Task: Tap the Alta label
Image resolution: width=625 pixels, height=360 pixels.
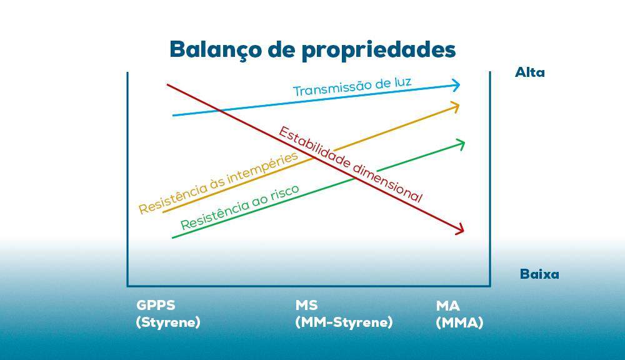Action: coord(530,72)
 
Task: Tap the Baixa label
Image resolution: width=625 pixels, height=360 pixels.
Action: coord(539,274)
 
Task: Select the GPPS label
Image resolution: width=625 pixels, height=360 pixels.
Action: coord(156,306)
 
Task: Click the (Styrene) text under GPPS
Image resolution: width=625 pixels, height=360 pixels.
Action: coord(167,322)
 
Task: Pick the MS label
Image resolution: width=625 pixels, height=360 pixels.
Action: coord(306,306)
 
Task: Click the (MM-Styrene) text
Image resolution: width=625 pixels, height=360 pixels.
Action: coord(344,322)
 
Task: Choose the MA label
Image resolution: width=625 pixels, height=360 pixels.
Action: coord(447,306)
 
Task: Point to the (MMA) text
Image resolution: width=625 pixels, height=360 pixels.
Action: coord(459,322)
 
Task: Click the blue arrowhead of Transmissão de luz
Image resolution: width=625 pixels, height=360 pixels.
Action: coord(455,84)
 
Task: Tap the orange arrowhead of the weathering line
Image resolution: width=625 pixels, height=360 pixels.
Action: coord(454,106)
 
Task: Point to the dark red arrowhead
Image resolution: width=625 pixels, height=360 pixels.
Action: coord(459,229)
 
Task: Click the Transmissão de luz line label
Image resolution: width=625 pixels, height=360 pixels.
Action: coord(352,87)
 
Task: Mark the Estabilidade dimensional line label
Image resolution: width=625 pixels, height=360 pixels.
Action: coord(351,164)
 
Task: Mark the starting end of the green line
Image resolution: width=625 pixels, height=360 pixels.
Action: coord(172,238)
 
